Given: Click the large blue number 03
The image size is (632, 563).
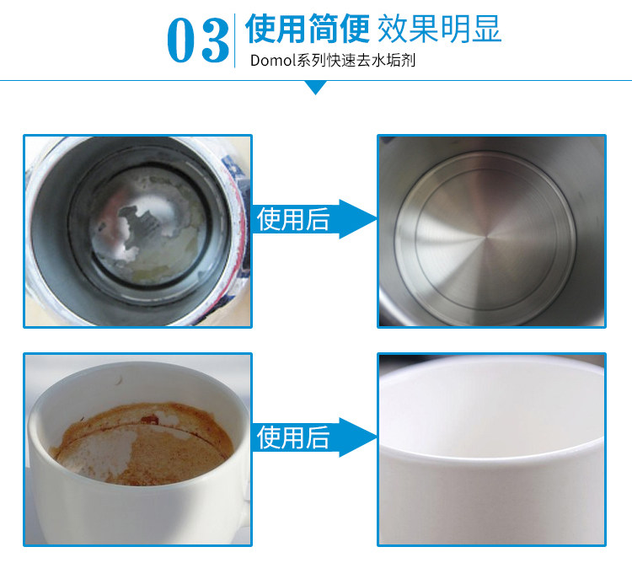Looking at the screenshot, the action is tap(198, 40).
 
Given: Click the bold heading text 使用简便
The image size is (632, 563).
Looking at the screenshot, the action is tap(308, 28).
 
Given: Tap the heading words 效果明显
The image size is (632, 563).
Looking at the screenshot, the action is tap(439, 28).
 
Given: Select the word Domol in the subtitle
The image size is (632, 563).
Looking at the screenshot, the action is tap(273, 61).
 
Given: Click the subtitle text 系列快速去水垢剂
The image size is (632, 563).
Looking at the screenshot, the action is tap(356, 61).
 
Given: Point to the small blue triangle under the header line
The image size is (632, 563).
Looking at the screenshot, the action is tap(316, 87).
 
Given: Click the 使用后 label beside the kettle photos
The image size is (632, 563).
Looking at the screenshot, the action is tap(293, 219).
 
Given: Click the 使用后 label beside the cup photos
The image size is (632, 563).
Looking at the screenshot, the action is tap(293, 437).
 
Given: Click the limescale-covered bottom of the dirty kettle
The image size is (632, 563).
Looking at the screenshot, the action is tap(148, 224).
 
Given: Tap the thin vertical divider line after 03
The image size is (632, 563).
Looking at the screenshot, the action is tap(234, 40).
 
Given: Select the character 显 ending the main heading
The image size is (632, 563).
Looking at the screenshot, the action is tap(487, 28).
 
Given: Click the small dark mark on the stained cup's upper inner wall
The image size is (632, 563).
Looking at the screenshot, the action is tap(119, 379).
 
